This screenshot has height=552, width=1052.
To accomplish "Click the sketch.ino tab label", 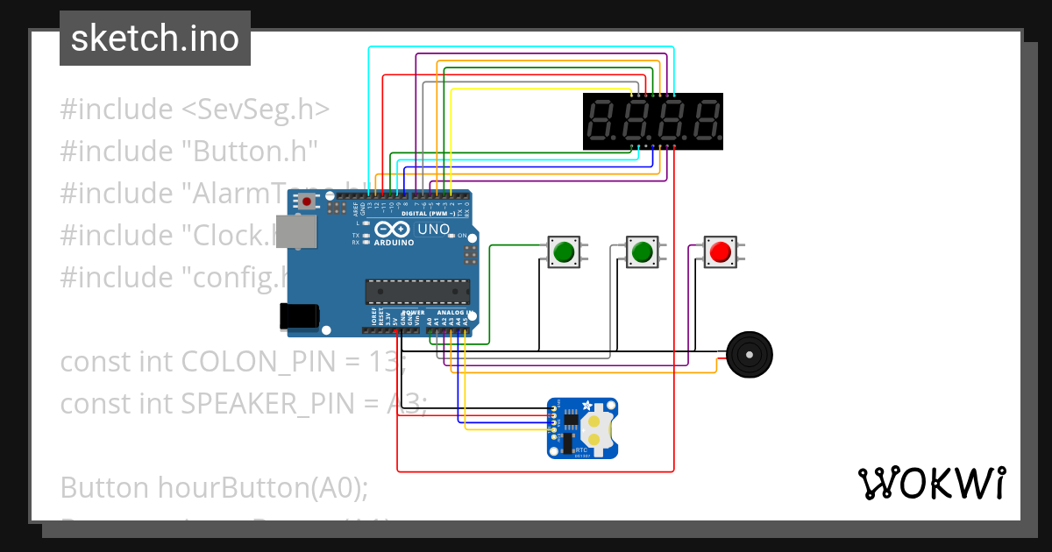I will [155, 39].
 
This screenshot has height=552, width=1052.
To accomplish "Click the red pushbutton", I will [720, 252].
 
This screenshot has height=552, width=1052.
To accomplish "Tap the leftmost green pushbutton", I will [563, 252].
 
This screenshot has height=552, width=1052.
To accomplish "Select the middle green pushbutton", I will [642, 252].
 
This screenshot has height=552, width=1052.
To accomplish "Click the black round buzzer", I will [749, 354].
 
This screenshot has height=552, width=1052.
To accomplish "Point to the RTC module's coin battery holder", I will [595, 427].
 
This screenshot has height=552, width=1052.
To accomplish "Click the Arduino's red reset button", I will [307, 202].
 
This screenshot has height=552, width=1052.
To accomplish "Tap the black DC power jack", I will [296, 316].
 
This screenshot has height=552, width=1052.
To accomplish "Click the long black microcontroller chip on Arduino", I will [417, 290].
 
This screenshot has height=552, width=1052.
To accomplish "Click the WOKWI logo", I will [931, 482].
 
